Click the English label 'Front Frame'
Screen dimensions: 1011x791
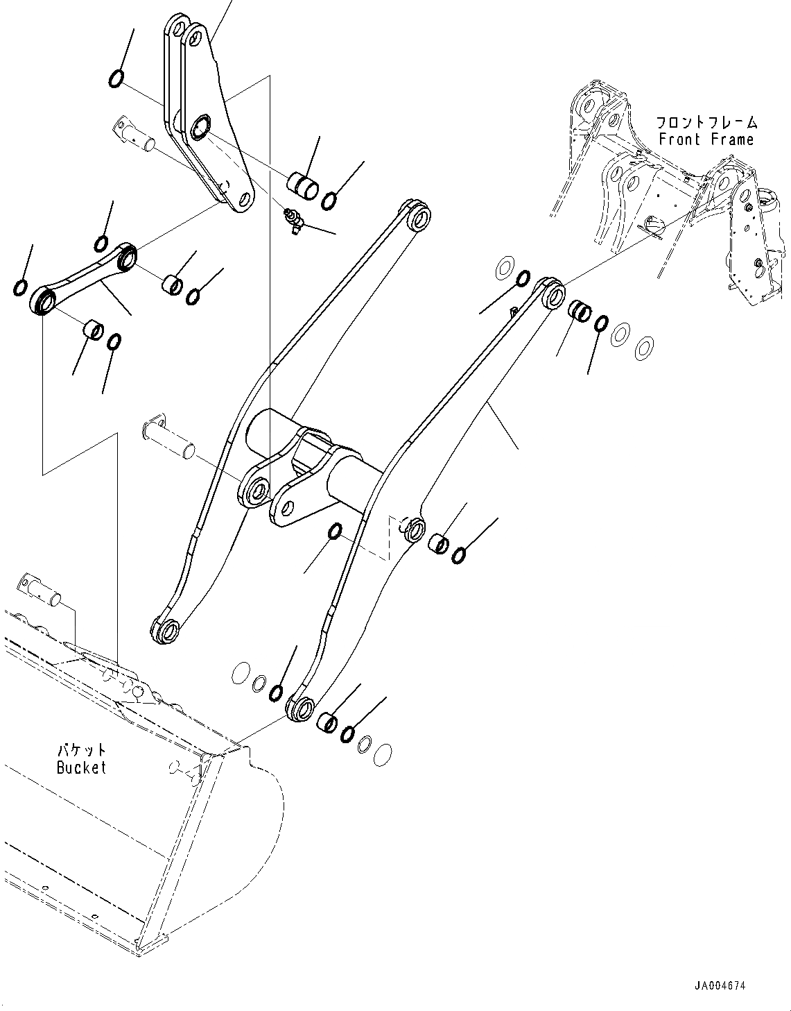click(x=706, y=139)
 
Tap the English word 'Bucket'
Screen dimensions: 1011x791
click(x=81, y=767)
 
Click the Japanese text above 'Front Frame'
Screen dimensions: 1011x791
click(x=707, y=123)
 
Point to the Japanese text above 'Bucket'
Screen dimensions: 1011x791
click(x=82, y=750)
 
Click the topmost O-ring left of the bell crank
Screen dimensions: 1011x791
click(x=116, y=79)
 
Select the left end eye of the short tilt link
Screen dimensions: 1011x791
click(x=44, y=302)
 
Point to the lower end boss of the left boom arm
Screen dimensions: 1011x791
click(x=165, y=629)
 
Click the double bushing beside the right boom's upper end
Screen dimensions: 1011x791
click(x=580, y=312)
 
